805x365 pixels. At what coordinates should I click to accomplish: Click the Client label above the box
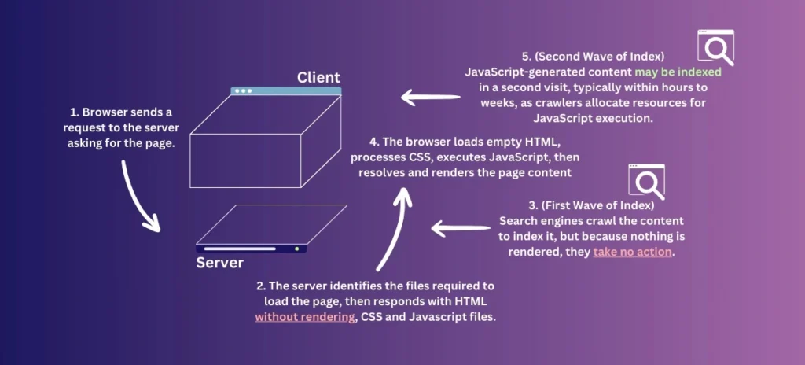click(x=318, y=77)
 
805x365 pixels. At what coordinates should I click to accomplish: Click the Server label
click(x=219, y=263)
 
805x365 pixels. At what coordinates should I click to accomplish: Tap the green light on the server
click(x=296, y=249)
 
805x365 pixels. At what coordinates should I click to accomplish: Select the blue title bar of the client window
click(x=286, y=90)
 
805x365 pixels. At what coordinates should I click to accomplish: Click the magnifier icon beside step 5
click(x=715, y=47)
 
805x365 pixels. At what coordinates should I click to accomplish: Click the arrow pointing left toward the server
click(x=460, y=229)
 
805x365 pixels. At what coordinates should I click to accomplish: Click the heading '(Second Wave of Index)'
click(x=603, y=57)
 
